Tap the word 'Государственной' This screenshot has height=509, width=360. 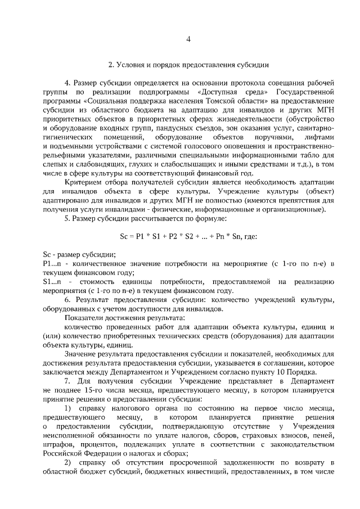304,92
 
